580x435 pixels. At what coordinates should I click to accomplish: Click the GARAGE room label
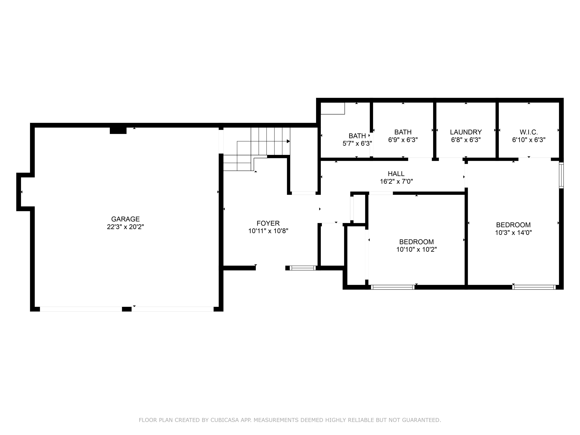pos(125,219)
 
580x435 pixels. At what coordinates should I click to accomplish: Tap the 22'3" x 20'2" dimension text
pos(125,227)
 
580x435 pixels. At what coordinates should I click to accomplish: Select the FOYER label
pos(268,223)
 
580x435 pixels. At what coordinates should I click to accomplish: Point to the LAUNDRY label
pos(466,132)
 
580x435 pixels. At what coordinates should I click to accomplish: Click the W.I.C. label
pos(529,132)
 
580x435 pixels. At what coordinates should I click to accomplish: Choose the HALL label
pos(396,174)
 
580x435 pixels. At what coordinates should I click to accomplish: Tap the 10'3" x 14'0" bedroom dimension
pos(513,233)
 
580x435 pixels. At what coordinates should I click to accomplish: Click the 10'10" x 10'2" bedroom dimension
pos(416,249)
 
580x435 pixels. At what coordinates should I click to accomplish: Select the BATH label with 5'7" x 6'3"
pos(357,136)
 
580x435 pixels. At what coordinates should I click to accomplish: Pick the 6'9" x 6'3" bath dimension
pos(403,140)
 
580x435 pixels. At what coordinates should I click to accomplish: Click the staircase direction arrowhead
pos(288,141)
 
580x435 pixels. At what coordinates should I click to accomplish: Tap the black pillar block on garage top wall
pos(118,130)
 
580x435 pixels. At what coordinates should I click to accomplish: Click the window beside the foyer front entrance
pos(303,268)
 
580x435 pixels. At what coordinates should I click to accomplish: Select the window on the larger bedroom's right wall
pos(561,175)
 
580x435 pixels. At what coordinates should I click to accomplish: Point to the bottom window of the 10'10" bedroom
pos(392,287)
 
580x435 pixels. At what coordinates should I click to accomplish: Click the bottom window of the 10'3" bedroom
pos(534,287)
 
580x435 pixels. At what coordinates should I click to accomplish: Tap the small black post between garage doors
pos(127,309)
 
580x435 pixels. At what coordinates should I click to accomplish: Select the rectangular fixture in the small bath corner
pos(333,108)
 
